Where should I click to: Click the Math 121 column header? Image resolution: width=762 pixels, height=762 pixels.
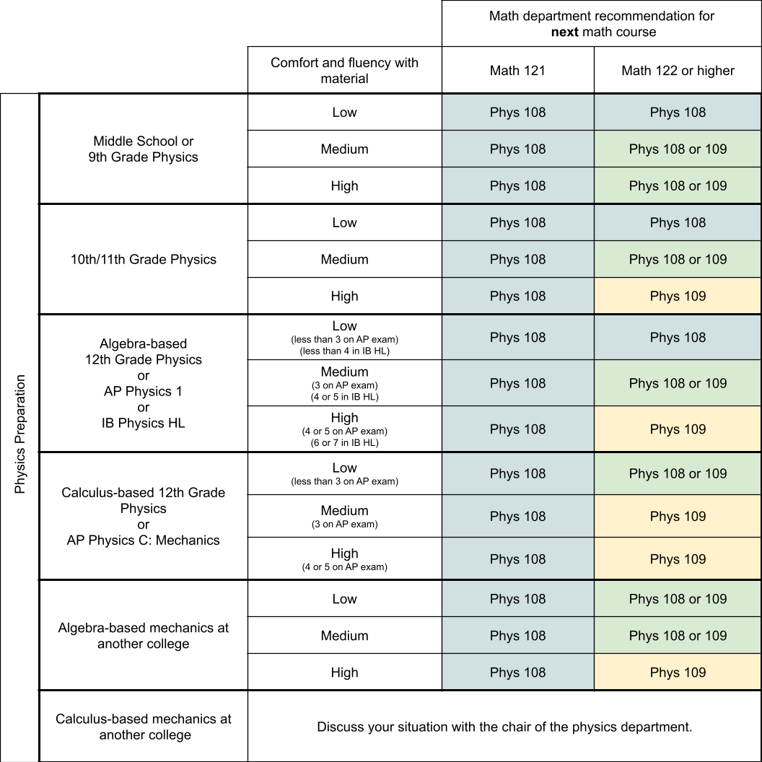click(517, 70)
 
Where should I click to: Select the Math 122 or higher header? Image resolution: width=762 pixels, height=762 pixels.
click(678, 70)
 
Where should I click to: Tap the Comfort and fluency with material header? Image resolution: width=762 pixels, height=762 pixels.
click(344, 70)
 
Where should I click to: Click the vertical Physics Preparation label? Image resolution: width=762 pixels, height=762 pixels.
click(19, 434)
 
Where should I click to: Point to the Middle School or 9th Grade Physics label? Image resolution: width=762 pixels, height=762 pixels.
click(143, 149)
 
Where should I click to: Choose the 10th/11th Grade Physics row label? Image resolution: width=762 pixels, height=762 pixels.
click(143, 259)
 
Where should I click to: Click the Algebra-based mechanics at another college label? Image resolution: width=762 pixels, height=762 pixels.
click(143, 636)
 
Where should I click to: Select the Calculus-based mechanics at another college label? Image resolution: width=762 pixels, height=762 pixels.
click(143, 727)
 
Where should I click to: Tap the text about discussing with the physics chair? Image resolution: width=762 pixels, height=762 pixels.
click(504, 727)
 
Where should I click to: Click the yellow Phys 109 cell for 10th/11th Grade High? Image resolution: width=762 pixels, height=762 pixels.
click(678, 296)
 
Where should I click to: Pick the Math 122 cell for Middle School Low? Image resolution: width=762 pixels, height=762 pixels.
click(678, 112)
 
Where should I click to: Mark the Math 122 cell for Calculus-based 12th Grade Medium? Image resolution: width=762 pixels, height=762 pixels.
click(678, 516)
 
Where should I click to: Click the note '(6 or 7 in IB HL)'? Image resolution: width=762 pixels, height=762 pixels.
click(344, 442)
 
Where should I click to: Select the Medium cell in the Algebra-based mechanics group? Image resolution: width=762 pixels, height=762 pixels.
click(344, 636)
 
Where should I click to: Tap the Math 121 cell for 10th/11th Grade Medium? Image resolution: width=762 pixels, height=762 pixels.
click(517, 259)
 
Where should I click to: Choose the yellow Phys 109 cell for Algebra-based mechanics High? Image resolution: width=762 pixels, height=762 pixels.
click(678, 673)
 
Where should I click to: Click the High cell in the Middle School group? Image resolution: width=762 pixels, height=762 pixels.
click(344, 185)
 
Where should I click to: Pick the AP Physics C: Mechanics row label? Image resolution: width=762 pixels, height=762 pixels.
click(143, 540)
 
